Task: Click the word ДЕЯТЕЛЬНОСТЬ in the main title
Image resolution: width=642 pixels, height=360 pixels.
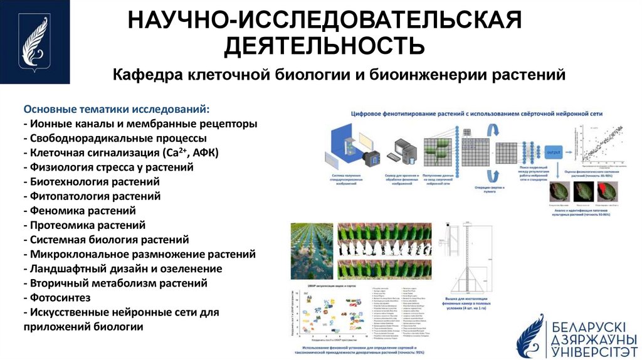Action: tap(325, 45)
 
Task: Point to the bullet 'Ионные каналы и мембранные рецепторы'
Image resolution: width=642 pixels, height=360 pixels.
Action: tap(140, 124)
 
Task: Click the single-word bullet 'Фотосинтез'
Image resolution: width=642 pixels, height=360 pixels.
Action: tap(58, 297)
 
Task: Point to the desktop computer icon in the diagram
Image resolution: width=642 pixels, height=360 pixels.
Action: tap(399, 151)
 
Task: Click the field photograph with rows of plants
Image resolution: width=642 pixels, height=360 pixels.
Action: tap(312, 250)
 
